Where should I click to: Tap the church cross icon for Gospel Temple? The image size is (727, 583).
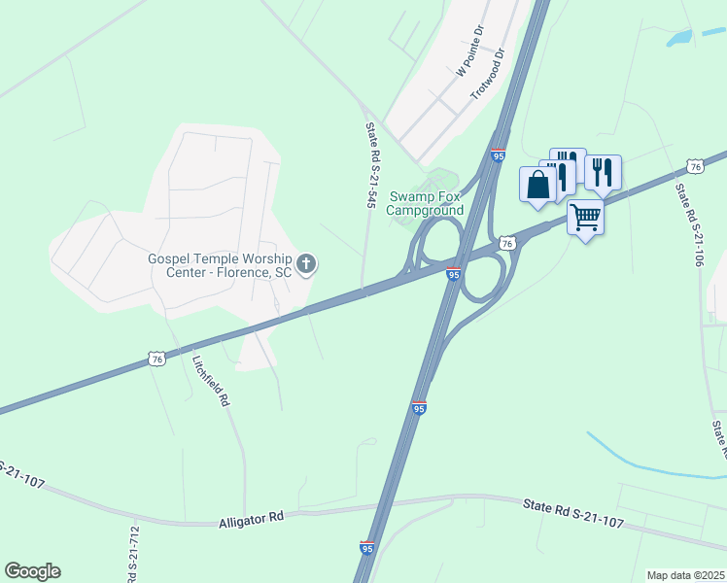(306, 264)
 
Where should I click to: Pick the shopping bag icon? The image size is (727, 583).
(538, 185)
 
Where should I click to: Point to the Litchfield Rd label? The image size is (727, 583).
(210, 380)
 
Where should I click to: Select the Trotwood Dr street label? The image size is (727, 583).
(489, 74)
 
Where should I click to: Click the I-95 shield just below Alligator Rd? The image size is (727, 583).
(367, 549)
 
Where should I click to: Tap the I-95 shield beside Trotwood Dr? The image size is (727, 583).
(498, 155)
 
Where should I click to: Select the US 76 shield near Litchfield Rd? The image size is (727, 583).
(157, 359)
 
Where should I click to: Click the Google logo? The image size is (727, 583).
(32, 571)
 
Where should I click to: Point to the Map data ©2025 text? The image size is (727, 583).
(685, 575)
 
